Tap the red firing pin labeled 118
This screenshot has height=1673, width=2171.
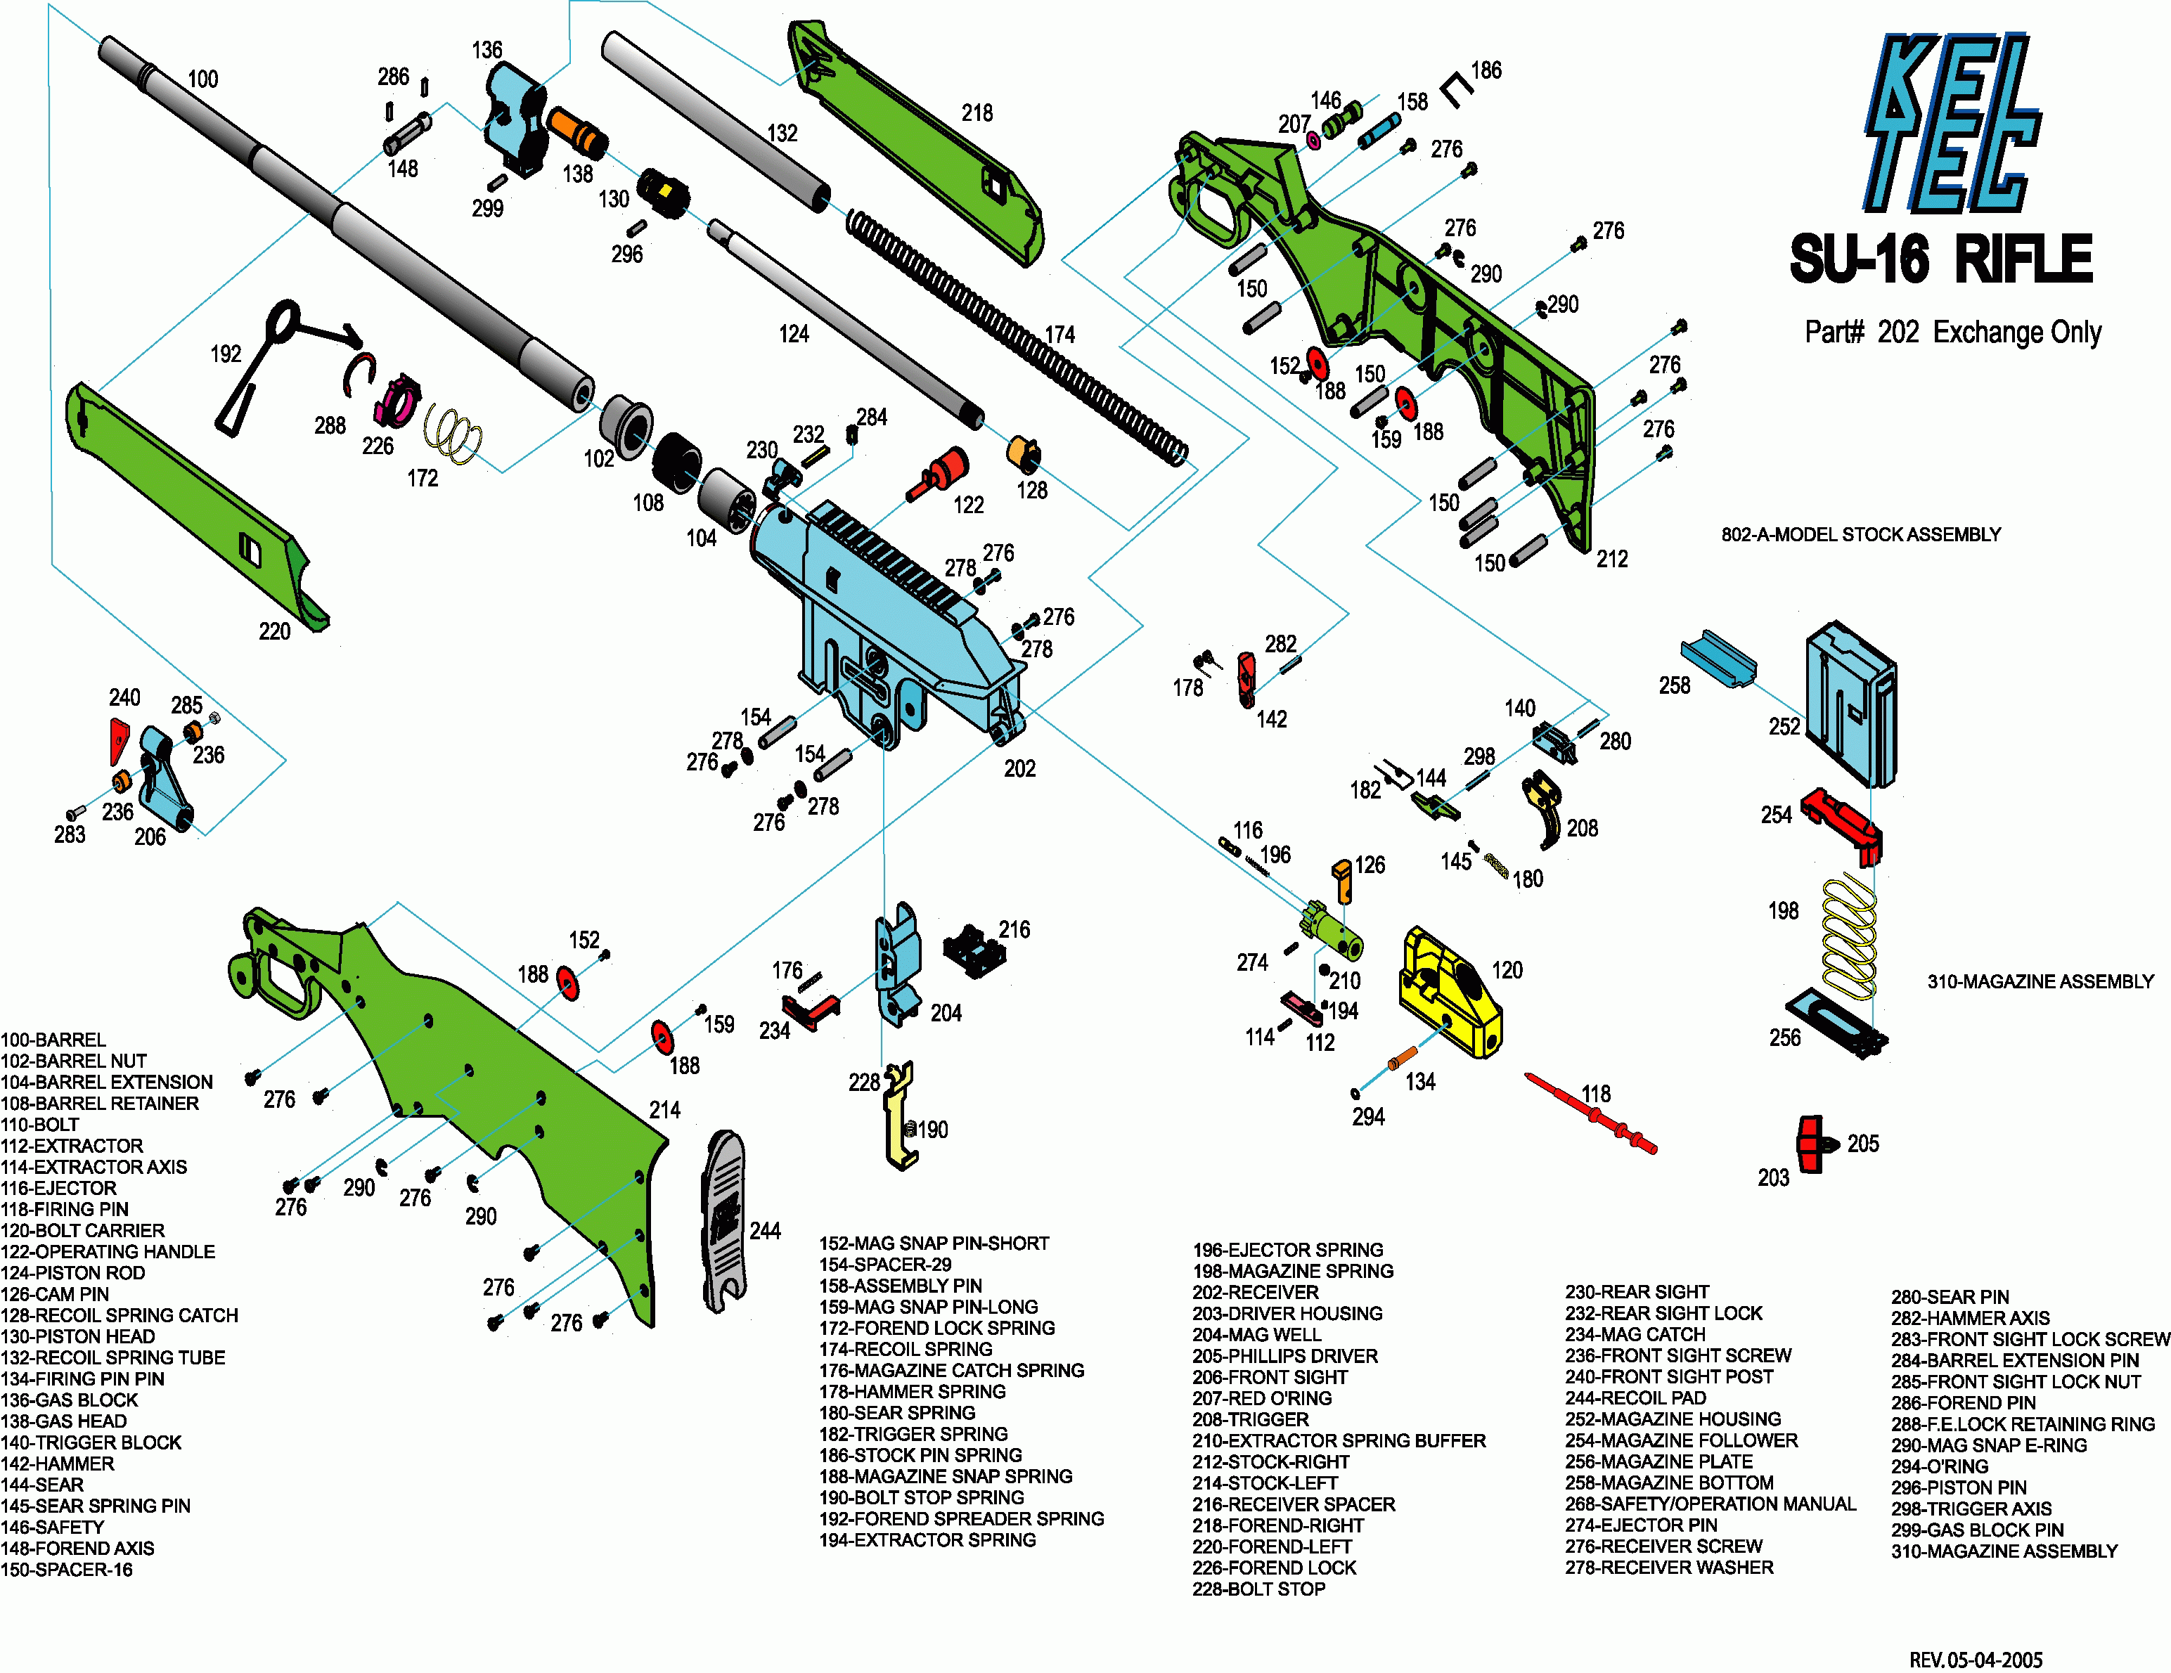(x=1590, y=1113)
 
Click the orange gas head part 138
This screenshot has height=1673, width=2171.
(x=576, y=131)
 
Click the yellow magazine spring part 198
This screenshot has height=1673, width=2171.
(x=1850, y=934)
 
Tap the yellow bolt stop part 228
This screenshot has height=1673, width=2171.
(x=901, y=1113)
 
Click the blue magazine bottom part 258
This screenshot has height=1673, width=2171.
(x=1718, y=658)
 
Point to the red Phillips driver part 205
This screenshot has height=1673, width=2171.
(x=1814, y=1143)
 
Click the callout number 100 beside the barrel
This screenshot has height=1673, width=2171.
(x=202, y=79)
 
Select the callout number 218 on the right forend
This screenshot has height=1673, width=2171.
(x=976, y=113)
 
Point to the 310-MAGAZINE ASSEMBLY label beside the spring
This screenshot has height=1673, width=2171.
(x=2040, y=981)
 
